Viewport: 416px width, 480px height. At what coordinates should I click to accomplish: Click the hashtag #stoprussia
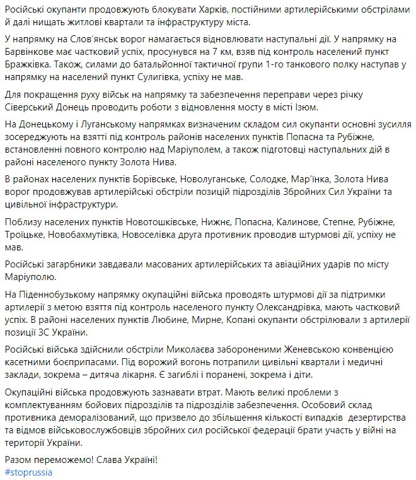pos(29,472)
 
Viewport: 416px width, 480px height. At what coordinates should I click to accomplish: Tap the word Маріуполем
pos(213,149)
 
